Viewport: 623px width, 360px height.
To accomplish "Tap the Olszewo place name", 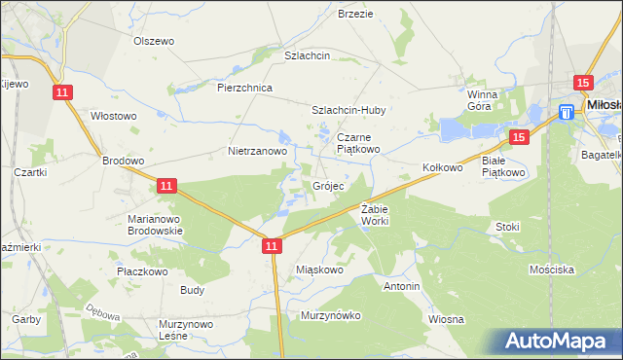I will pos(153,42).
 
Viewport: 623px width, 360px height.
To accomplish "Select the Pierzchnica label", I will pos(244,88).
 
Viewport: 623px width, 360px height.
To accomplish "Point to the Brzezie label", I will pos(355,14).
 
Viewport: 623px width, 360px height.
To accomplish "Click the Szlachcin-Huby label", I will pos(349,111).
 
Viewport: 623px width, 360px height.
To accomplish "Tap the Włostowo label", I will pos(113,116).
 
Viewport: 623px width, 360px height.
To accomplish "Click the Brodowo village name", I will pos(124,162).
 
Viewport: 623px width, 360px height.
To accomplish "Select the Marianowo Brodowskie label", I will pos(156,226).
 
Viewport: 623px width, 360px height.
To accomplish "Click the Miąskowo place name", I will pos(319,270).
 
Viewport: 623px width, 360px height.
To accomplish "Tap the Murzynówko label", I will pos(331,315).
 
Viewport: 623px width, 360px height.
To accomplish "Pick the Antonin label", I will pos(401,287).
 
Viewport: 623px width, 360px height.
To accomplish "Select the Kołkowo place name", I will pos(442,167).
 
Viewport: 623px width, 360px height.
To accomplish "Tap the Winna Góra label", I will pos(482,100).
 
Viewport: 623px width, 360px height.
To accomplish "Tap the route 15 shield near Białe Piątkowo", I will pos(517,138).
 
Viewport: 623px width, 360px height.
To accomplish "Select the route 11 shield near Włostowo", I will pos(62,91).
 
